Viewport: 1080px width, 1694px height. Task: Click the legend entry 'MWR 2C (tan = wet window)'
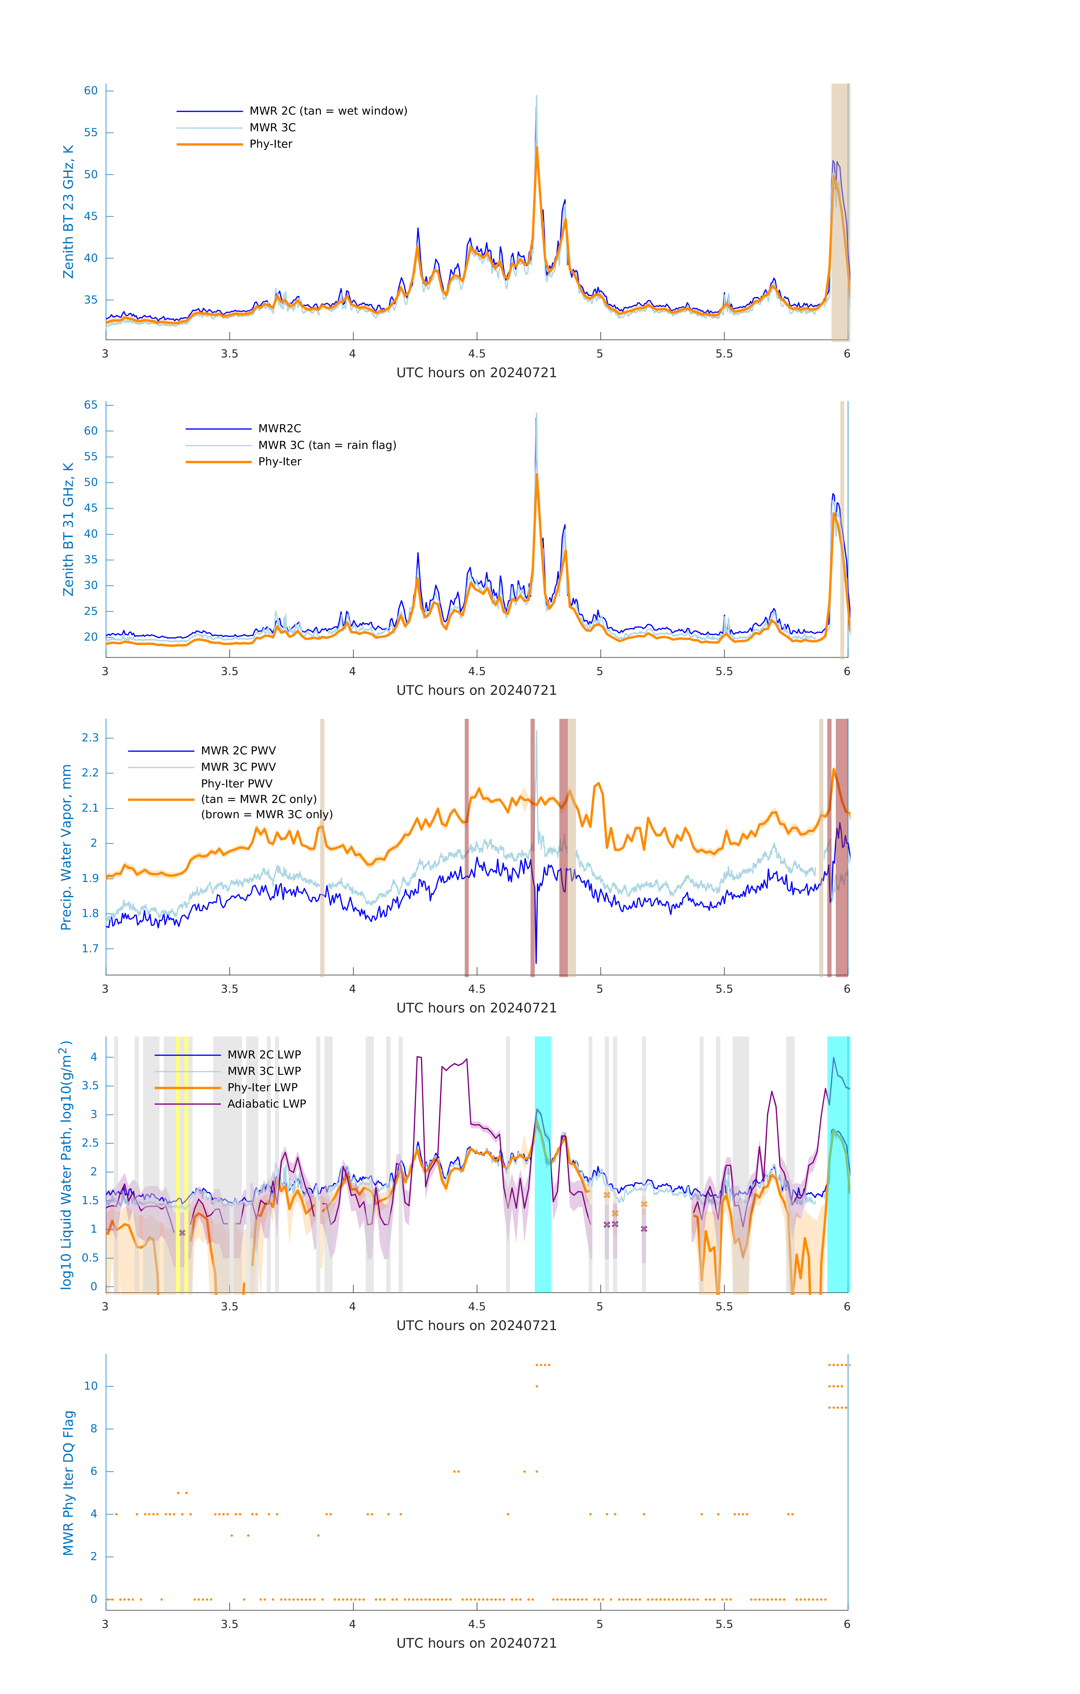click(328, 111)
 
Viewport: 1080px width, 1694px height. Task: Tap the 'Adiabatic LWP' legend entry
click(267, 1104)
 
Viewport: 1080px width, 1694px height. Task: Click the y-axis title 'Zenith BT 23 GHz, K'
click(68, 212)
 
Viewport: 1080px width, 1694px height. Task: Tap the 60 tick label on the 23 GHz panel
click(91, 91)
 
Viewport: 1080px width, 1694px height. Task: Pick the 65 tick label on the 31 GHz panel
click(91, 405)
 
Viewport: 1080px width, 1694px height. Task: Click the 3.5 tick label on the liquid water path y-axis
click(90, 1086)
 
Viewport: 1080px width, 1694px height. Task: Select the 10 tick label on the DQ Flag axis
click(91, 1386)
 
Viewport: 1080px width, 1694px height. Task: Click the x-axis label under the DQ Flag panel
click(476, 1643)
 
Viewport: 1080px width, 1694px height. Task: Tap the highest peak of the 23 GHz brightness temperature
click(536, 96)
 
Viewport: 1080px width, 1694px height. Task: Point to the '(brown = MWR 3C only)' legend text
click(267, 815)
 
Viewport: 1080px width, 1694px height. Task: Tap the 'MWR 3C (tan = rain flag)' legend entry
click(327, 445)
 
